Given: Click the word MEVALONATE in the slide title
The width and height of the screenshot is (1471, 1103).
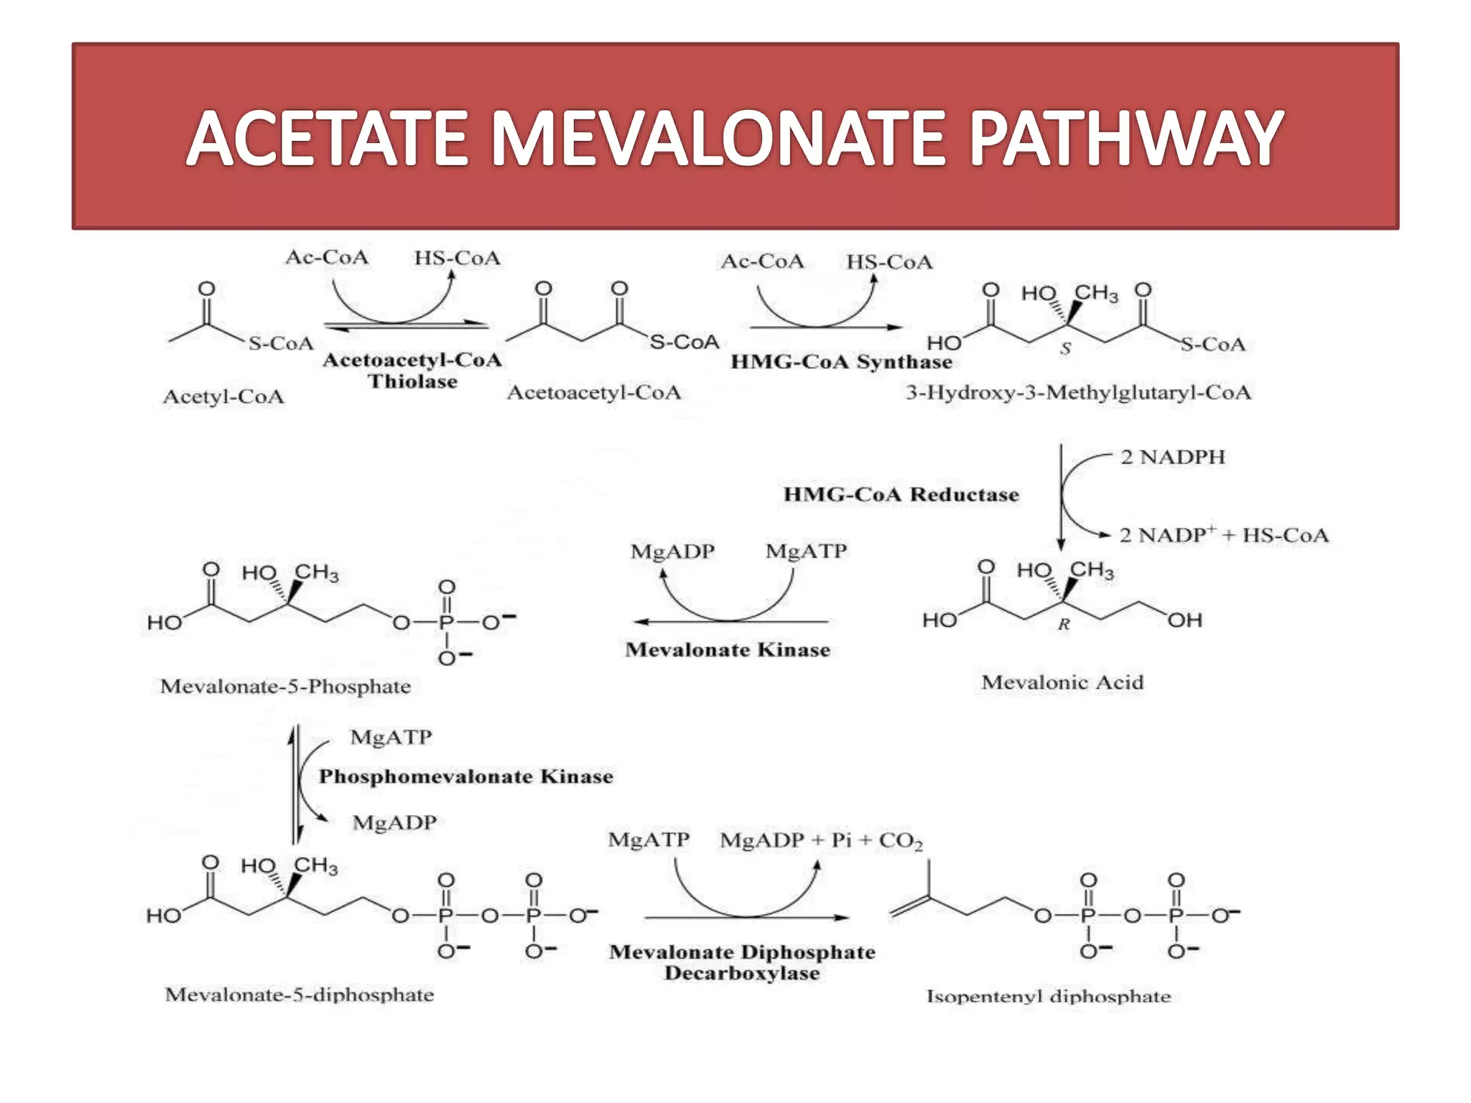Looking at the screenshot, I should (718, 138).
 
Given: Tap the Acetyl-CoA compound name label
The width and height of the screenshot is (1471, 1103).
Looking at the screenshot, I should (223, 396).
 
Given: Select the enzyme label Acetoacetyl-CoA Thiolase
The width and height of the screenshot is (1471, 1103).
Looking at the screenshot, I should (412, 370).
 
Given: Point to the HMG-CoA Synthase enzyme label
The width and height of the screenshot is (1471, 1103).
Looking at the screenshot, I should (841, 361).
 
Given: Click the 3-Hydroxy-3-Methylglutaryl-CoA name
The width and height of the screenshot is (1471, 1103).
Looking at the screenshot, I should (1078, 392).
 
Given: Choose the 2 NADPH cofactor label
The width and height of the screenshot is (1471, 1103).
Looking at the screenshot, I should (1172, 457).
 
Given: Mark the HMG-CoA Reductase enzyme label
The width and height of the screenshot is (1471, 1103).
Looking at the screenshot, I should (901, 494).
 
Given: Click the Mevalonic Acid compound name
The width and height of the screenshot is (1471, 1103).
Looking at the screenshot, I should (1062, 681).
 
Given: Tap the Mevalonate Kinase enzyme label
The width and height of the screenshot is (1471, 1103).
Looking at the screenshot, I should (728, 649).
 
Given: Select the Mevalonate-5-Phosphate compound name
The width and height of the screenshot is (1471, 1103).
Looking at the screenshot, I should (285, 686).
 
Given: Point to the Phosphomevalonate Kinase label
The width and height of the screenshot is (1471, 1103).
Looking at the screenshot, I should (465, 776).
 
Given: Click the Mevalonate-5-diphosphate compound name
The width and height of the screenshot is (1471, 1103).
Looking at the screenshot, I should (300, 995).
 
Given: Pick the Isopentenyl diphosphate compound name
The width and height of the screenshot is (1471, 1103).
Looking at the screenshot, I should (1049, 996).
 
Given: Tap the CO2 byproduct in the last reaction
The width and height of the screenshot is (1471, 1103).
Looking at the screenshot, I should (901, 840).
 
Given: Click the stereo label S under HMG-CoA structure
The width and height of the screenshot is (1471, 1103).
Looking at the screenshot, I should (1065, 348).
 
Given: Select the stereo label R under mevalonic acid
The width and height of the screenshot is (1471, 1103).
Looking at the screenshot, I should (1064, 624).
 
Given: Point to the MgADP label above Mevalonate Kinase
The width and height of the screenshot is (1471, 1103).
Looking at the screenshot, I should (672, 551).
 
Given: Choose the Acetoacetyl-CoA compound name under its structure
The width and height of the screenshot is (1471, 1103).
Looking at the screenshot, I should (594, 392).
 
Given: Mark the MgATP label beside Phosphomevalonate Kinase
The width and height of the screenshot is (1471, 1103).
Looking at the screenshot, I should (391, 737).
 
